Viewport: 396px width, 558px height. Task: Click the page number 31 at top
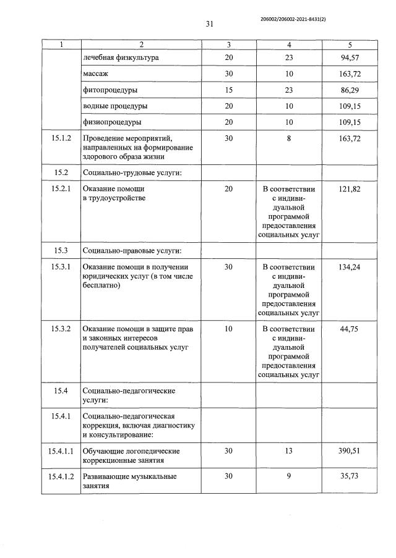click(209, 24)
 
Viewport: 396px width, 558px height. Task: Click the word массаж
click(95, 74)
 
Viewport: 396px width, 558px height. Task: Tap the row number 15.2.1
click(61, 188)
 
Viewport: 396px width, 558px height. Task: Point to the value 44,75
click(350, 329)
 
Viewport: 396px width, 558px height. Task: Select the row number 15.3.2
click(61, 329)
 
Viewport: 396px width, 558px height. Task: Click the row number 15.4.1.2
click(61, 476)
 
